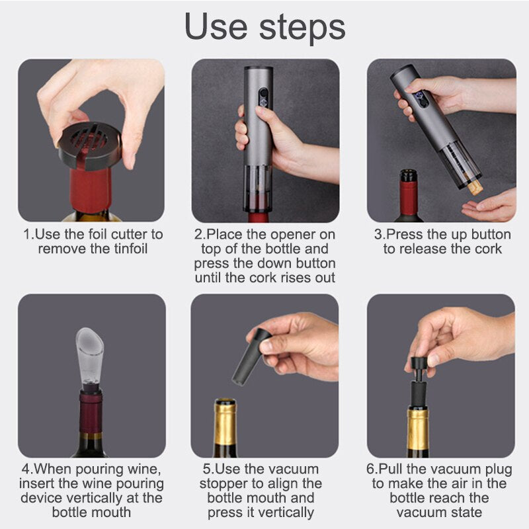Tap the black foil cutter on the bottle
point(90,143)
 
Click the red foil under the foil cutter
point(91,189)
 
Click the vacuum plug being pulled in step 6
point(418,380)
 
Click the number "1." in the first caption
point(28,234)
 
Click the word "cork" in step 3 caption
point(486,249)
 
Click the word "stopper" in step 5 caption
point(233,484)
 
